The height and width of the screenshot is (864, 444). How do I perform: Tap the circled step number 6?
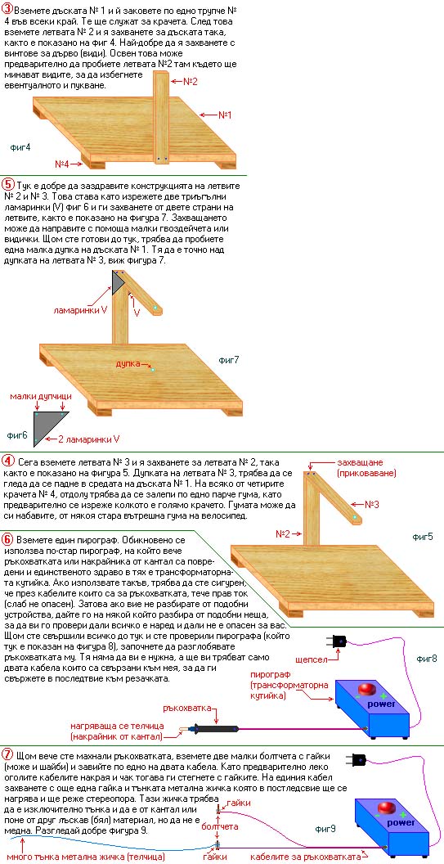click(x=8, y=538)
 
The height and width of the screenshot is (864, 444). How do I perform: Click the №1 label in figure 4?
click(x=225, y=115)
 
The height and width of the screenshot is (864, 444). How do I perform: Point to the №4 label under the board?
click(x=61, y=164)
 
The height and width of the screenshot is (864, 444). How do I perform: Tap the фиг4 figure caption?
click(x=20, y=147)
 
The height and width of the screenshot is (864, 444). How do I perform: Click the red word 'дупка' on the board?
click(x=126, y=363)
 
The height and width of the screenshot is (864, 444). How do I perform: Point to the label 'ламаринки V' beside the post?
click(x=80, y=310)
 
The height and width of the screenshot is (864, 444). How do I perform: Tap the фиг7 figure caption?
click(x=229, y=361)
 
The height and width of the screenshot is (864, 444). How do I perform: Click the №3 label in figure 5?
click(x=372, y=504)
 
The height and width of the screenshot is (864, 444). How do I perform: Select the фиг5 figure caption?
click(x=423, y=536)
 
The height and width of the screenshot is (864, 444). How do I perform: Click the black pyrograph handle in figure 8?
click(x=214, y=729)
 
